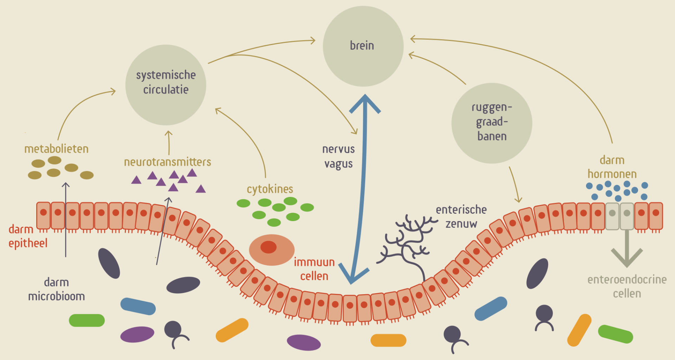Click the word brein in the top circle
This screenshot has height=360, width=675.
pyautogui.click(x=362, y=46)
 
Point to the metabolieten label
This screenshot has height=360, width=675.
pyautogui.click(x=56, y=149)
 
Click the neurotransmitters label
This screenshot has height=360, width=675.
pyautogui.click(x=167, y=162)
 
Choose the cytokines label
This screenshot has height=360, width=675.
pyautogui.click(x=270, y=189)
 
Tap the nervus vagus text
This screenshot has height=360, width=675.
pyautogui.click(x=338, y=156)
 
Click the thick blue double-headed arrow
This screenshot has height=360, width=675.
pyautogui.click(x=362, y=190)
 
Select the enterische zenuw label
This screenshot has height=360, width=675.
pyautogui.click(x=461, y=217)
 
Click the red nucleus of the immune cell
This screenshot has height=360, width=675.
pyautogui.click(x=268, y=247)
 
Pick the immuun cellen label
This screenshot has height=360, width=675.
pyautogui.click(x=314, y=269)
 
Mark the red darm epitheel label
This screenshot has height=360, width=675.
pyautogui.click(x=27, y=236)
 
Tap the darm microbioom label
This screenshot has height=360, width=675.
pyautogui.click(x=56, y=289)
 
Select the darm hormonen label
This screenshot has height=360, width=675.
pyautogui.click(x=612, y=167)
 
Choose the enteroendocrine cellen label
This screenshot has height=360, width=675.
pyautogui.click(x=627, y=287)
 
